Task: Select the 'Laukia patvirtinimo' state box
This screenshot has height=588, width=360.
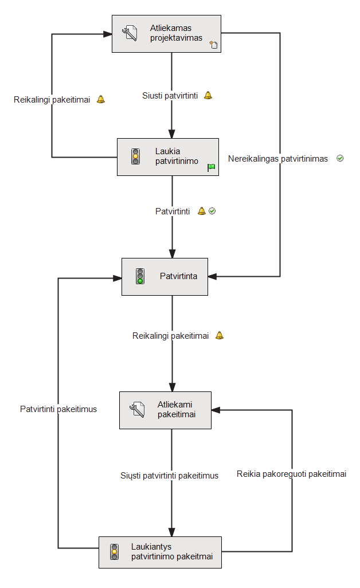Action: point(168,156)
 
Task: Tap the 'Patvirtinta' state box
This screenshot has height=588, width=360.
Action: point(165,276)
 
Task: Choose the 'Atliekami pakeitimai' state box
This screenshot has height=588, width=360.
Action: point(166,410)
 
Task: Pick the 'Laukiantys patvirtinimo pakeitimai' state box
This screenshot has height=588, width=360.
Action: point(160,552)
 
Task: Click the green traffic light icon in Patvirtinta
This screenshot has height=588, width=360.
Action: point(140,276)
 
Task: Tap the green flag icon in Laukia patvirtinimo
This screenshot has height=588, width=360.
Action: point(212,167)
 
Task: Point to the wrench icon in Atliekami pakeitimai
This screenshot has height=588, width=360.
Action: point(137,410)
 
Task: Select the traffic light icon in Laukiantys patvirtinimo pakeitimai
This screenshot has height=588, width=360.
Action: point(115,552)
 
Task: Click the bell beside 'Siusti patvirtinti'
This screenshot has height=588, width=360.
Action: point(208,95)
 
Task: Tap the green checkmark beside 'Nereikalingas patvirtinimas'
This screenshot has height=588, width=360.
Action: point(340,158)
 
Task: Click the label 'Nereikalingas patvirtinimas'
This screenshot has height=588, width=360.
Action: point(278,159)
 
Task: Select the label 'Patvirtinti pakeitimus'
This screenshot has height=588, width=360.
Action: point(58,409)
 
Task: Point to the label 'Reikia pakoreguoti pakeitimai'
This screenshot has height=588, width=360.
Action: point(291,474)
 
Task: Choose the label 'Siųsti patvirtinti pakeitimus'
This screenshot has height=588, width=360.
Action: point(169,476)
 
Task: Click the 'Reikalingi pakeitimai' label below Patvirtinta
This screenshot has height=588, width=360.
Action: point(170,336)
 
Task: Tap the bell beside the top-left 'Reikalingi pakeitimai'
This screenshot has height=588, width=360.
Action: point(101,99)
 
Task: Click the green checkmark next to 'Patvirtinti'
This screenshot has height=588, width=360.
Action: point(212,211)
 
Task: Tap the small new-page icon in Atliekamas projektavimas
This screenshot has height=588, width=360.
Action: point(213,45)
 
